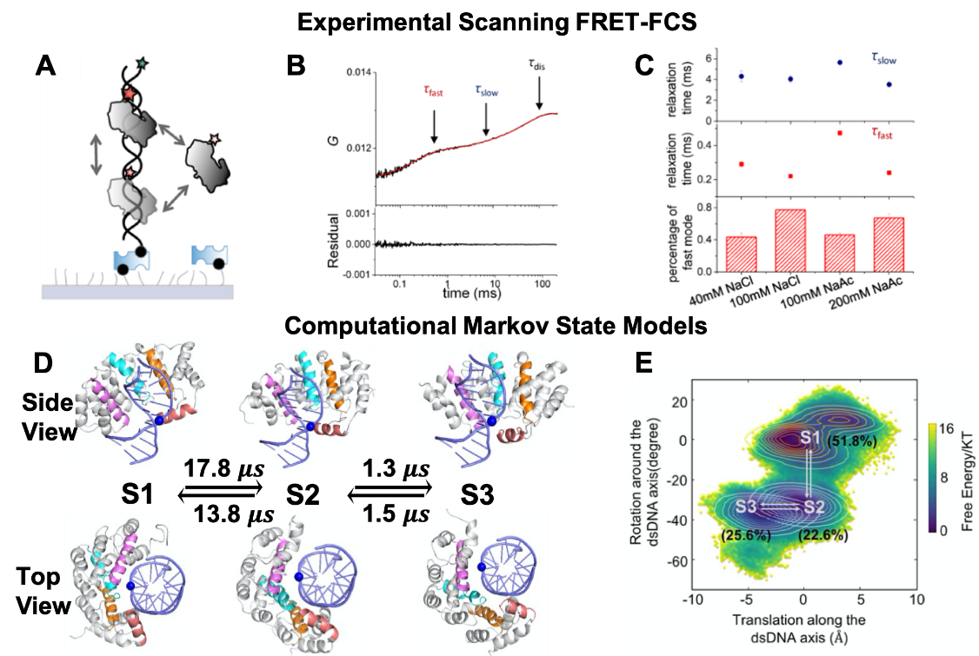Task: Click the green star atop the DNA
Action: point(143,64)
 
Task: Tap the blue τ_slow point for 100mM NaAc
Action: point(840,63)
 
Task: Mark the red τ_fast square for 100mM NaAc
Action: point(840,133)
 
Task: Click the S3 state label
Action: point(746,507)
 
